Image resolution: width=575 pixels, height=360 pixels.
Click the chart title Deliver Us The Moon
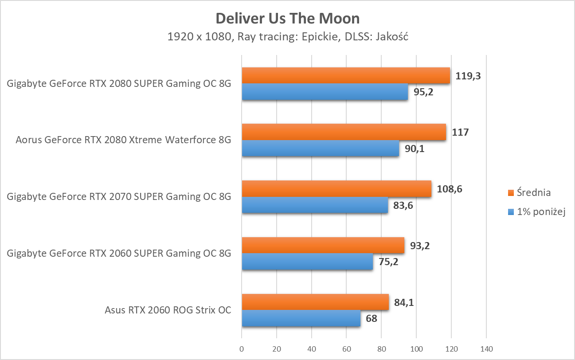click(287, 19)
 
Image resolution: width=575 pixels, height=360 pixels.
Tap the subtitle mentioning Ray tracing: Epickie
click(287, 37)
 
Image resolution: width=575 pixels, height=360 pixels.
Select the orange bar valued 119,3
click(346, 75)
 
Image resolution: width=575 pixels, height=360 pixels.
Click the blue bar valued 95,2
click(325, 92)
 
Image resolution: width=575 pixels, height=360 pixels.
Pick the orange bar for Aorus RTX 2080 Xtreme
click(344, 132)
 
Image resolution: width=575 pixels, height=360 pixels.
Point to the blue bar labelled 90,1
click(320, 149)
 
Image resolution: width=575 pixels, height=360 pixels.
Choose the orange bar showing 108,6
click(336, 189)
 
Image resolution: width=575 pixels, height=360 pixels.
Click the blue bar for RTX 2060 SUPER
click(307, 262)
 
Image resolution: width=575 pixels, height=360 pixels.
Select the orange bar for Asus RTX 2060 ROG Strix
click(315, 302)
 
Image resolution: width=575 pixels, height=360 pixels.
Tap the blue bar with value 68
click(301, 319)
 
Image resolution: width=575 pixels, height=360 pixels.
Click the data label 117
click(460, 132)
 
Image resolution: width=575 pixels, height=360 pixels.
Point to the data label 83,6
click(403, 205)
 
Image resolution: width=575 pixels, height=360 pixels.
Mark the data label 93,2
click(419, 246)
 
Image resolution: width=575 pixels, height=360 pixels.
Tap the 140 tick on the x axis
click(486, 348)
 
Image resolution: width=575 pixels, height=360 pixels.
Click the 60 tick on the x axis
click(347, 348)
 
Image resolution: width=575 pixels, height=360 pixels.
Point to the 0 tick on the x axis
click(242, 348)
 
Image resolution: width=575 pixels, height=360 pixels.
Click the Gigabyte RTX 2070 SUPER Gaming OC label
click(119, 197)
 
